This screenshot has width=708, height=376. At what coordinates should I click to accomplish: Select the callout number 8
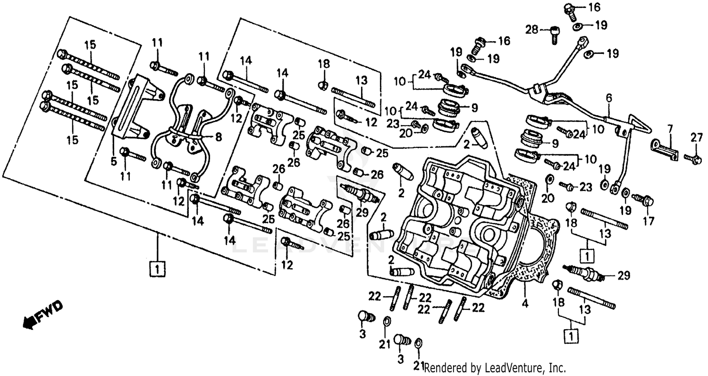pos(218,137)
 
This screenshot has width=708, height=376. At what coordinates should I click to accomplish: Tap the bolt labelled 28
pos(555,34)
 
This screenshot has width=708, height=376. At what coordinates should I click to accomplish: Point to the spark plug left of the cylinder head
pos(360,193)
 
